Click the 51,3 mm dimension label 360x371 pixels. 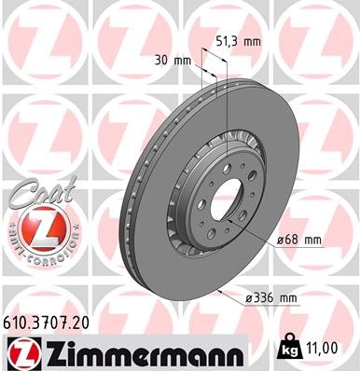pos(238,41)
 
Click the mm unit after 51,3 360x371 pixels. pos(253,41)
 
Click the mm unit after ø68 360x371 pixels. pos(312,240)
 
